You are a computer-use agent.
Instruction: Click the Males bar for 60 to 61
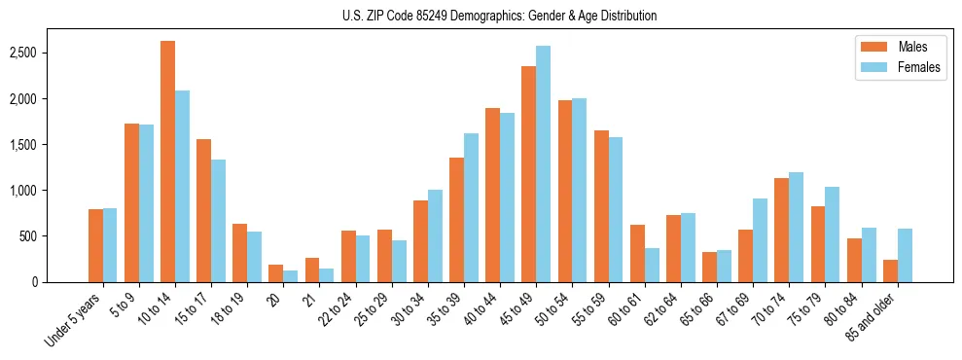[637, 253]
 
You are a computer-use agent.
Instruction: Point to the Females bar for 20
[290, 275]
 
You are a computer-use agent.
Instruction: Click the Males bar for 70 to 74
[781, 230]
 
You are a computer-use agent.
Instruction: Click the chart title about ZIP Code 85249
[499, 16]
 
